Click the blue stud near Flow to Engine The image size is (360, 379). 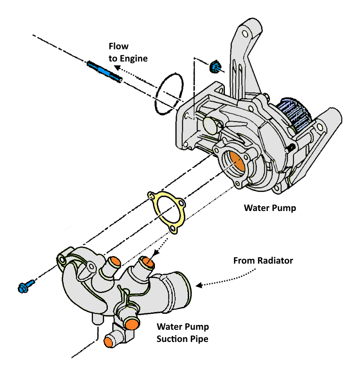104,72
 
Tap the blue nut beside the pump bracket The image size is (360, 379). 215,67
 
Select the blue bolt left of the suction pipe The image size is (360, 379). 26,286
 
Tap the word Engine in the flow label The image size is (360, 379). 133,59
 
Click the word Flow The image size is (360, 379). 118,46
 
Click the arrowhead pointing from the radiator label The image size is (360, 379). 199,286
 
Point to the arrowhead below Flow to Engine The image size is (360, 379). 117,68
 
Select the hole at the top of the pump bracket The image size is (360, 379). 245,33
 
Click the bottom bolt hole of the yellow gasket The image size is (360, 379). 173,228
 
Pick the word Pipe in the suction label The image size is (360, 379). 199,339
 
